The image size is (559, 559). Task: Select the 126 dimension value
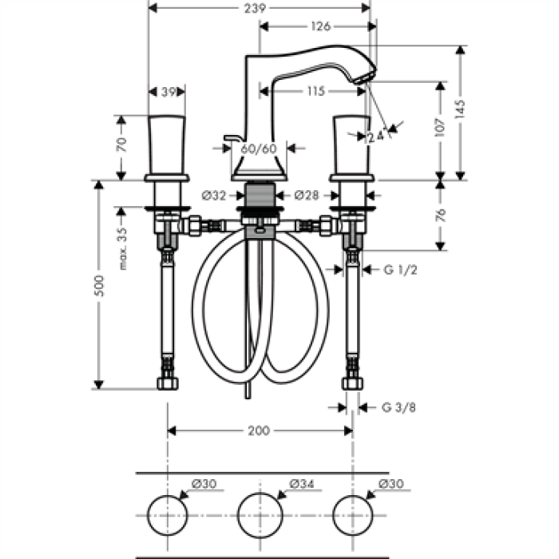click(319, 26)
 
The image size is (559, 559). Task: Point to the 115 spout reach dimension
click(315, 92)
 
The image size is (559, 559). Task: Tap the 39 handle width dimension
click(168, 92)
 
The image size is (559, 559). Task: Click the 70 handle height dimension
click(122, 145)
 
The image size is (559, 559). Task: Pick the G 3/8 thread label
click(398, 407)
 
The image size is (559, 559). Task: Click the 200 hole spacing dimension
click(258, 430)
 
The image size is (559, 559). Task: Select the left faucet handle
click(167, 144)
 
